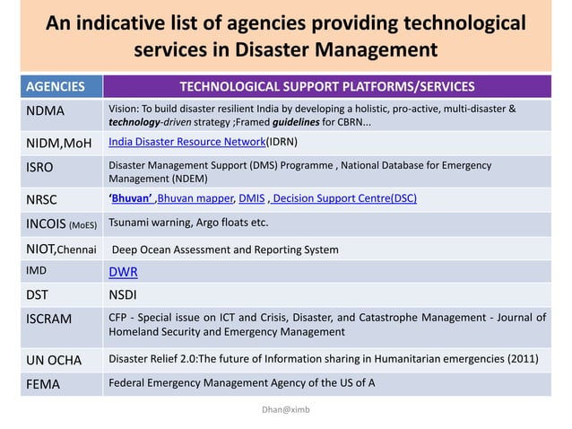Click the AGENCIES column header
click(x=55, y=87)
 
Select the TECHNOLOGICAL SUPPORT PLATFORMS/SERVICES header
click(x=327, y=87)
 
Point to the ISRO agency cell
click(x=39, y=167)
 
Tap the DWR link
click(x=123, y=272)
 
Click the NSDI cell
click(x=123, y=293)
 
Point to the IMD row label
click(x=36, y=269)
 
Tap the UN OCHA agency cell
click(x=53, y=360)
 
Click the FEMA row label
click(x=41, y=384)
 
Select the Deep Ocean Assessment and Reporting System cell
click(x=225, y=250)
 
